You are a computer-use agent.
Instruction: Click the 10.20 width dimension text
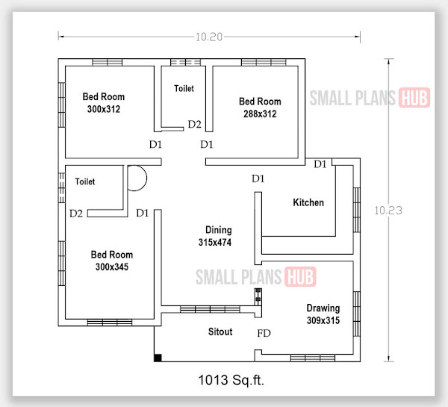tap(209, 37)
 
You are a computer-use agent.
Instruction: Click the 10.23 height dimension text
tap(388, 211)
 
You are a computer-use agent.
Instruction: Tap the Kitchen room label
tap(308, 202)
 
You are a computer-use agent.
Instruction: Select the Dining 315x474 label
tap(215, 236)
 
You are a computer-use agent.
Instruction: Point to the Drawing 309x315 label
tap(323, 314)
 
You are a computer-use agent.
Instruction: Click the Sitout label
tap(220, 332)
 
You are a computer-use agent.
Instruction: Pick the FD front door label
tap(264, 333)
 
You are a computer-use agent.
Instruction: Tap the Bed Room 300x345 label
tap(112, 261)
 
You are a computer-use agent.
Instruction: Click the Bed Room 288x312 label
tap(260, 108)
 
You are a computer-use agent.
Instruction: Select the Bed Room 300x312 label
tap(104, 103)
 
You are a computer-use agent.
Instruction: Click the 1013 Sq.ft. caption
tap(231, 380)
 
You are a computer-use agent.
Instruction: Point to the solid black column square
tap(158, 358)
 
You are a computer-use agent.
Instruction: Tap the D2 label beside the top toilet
tap(195, 124)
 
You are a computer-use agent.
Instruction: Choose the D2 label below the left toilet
tap(76, 214)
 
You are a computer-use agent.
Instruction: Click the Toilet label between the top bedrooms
tap(184, 88)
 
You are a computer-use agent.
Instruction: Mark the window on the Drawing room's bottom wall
tap(313, 358)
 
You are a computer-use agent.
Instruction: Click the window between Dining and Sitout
tap(210, 309)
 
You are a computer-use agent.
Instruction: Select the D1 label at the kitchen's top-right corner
tap(320, 164)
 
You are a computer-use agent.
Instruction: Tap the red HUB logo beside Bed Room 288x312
tap(414, 98)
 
